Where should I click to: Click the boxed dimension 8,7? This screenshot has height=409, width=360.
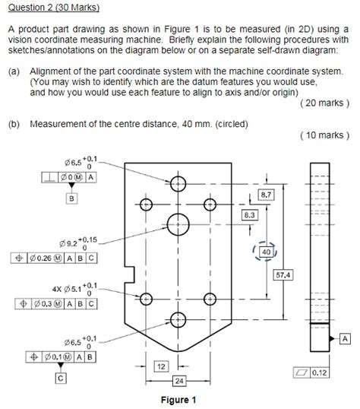(x=267, y=195)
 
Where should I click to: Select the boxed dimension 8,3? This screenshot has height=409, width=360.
(x=249, y=215)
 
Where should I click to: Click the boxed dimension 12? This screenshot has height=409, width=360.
(x=160, y=366)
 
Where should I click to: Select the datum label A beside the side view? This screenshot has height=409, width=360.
(x=346, y=337)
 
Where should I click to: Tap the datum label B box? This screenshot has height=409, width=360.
(x=73, y=198)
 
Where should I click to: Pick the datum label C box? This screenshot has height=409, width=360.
(x=58, y=377)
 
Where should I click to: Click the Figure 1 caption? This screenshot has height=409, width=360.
(x=179, y=400)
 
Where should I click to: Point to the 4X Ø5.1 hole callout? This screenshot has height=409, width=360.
(x=72, y=289)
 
